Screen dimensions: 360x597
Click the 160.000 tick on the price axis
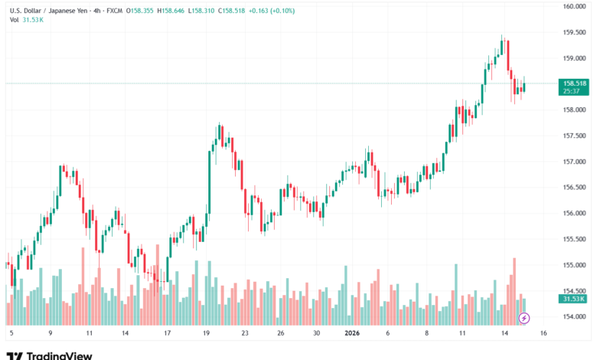(x=574, y=7)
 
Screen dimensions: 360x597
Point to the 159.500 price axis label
(x=574, y=32)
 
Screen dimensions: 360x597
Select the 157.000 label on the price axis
(x=574, y=162)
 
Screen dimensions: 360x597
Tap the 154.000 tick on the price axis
(x=574, y=317)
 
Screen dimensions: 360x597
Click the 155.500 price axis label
(x=574, y=239)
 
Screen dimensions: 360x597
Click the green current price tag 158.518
(x=574, y=83)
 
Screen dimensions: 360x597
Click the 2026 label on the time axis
(x=352, y=333)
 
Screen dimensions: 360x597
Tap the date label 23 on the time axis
(x=244, y=333)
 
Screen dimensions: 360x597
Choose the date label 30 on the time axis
(x=316, y=333)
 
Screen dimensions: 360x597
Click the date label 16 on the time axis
(x=543, y=333)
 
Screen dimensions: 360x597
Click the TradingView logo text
(x=60, y=355)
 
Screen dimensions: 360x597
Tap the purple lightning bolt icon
(x=524, y=317)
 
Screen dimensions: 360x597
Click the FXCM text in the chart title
(x=93, y=10)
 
